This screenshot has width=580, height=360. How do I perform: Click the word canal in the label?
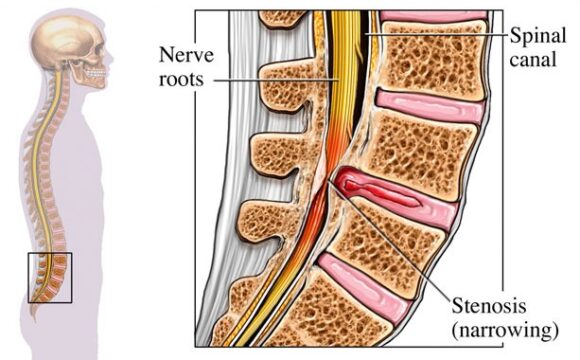pos(537,56)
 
